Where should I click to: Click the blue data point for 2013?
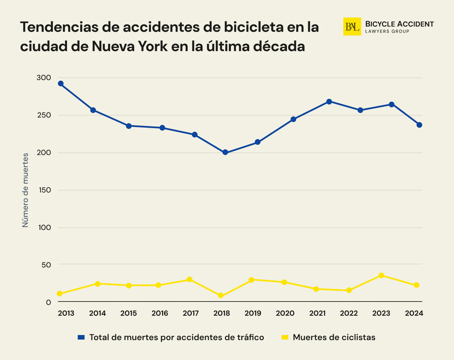tap(60, 83)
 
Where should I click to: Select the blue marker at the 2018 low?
tap(225, 152)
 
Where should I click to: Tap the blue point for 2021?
tap(329, 102)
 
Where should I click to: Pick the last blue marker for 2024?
tap(419, 125)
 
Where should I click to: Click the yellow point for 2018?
tap(221, 296)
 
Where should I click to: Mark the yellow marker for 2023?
tap(381, 275)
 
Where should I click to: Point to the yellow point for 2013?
tap(60, 294)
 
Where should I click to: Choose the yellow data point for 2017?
tap(190, 279)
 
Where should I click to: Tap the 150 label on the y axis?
tap(44, 190)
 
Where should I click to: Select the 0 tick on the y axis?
tap(49, 302)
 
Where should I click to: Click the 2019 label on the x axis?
tap(253, 313)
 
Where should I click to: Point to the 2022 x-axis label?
tap(349, 313)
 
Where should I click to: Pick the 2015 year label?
tap(129, 313)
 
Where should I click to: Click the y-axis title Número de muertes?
tap(26, 190)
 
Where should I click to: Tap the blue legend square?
tap(81, 337)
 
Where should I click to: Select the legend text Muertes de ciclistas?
tap(334, 337)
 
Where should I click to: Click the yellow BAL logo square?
tap(352, 27)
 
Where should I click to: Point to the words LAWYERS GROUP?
tap(387, 32)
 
